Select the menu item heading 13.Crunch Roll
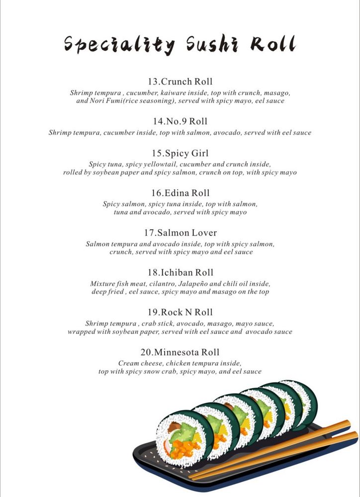180,82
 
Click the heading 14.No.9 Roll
180,121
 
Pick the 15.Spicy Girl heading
180,154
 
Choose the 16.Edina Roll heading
180,193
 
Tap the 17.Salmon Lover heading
180,233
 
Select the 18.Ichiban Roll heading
180,272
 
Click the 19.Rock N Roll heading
180,312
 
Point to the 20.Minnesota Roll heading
180,352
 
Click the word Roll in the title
273,44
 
